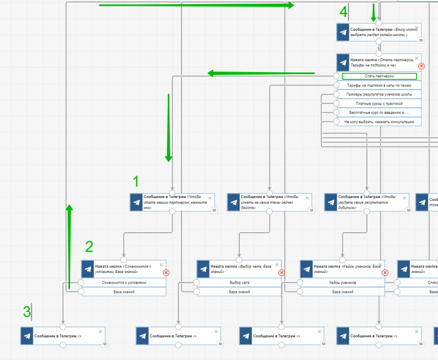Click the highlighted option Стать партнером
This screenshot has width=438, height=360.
click(x=379, y=76)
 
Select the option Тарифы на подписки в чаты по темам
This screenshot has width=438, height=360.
click(x=379, y=85)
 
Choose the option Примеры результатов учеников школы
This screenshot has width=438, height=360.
click(x=379, y=94)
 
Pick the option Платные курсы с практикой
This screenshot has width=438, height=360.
click(x=379, y=103)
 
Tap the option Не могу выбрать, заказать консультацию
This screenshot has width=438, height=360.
click(x=379, y=122)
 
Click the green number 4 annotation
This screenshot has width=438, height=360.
click(x=344, y=12)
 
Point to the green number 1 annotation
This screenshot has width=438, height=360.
click(x=136, y=181)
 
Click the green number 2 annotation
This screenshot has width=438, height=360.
click(x=89, y=247)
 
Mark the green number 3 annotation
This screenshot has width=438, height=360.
click(x=27, y=311)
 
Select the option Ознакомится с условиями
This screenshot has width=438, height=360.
click(x=124, y=283)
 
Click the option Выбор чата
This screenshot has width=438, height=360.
click(x=239, y=283)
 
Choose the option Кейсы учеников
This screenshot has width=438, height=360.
click(x=342, y=283)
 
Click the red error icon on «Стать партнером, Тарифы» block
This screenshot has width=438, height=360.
click(x=421, y=66)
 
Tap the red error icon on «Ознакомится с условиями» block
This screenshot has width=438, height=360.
click(x=166, y=273)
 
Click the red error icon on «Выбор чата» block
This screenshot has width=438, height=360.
click(x=281, y=273)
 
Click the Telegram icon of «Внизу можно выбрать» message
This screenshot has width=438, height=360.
click(x=343, y=32)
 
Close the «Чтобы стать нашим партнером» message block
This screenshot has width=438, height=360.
click(x=210, y=198)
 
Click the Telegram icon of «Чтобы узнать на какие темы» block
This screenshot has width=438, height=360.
click(x=234, y=202)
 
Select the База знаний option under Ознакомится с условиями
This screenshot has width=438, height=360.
click(x=124, y=292)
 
